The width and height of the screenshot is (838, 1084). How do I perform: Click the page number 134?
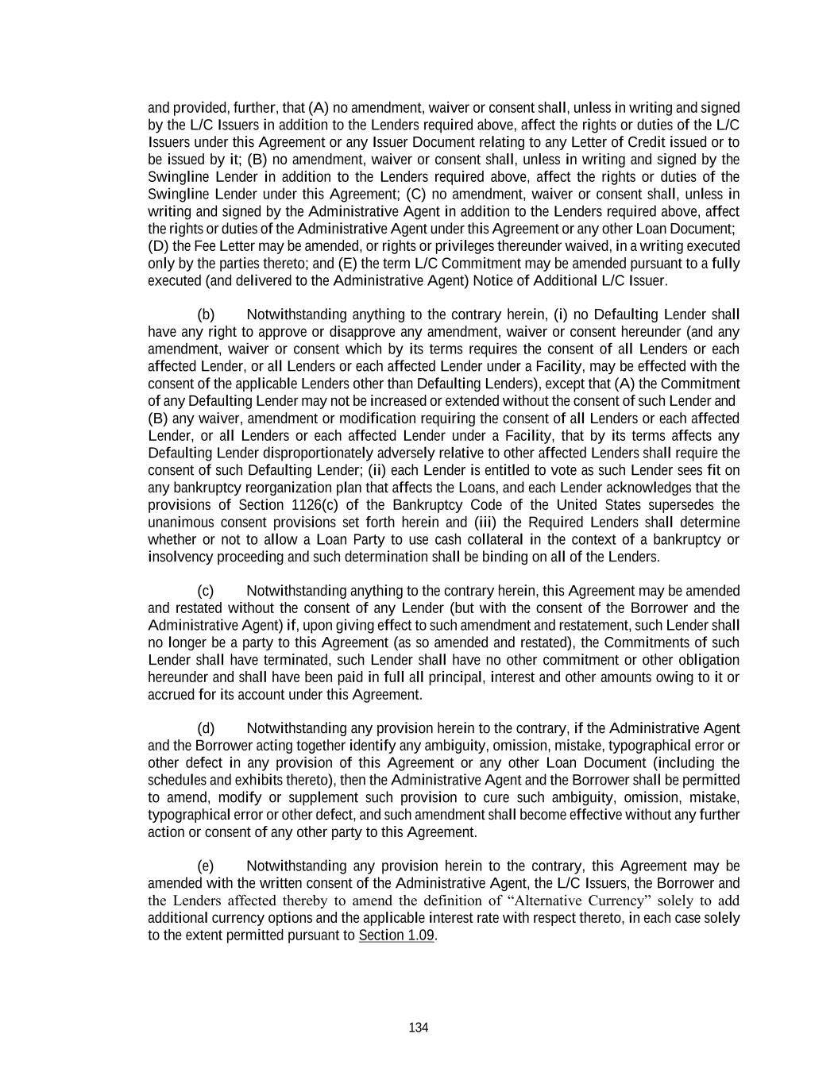[419, 1028]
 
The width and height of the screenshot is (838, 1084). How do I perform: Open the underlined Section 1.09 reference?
[396, 935]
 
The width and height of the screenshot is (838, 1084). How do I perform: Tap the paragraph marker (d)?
[206, 728]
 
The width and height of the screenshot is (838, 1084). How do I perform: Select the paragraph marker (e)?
[206, 866]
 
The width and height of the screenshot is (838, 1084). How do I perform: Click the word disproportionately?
[288, 453]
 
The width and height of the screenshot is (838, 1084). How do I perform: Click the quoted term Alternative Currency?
[578, 901]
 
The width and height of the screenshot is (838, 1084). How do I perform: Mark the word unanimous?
[180, 523]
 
